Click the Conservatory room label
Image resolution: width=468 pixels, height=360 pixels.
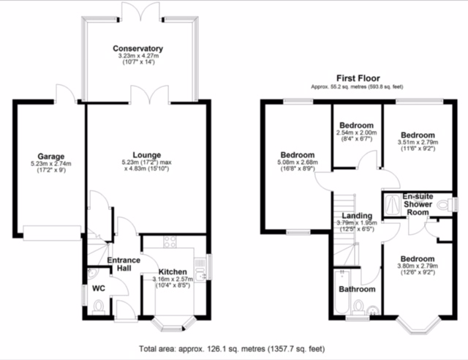[x=138, y=48]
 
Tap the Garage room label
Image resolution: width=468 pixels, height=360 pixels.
[x=50, y=157]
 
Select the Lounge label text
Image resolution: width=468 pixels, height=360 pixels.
[x=147, y=155]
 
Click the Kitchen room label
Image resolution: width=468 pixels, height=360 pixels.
[x=173, y=272]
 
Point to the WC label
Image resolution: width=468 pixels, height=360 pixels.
[x=99, y=288]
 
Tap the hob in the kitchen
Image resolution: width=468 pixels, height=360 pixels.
[x=170, y=242]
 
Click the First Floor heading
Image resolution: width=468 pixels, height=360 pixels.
[x=358, y=78]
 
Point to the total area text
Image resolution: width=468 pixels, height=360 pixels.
[x=232, y=348]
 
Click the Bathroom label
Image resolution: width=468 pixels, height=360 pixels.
[x=358, y=289]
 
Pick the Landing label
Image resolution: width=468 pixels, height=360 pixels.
[x=357, y=216]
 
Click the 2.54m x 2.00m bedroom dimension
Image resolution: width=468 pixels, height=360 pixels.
[x=356, y=132]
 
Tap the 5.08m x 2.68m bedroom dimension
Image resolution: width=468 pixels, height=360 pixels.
[x=298, y=162]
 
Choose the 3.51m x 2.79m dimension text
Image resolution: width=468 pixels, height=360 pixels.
[x=418, y=142]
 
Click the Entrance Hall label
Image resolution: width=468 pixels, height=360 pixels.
[x=124, y=264]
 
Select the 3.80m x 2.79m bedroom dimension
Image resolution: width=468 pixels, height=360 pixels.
[x=418, y=266]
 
